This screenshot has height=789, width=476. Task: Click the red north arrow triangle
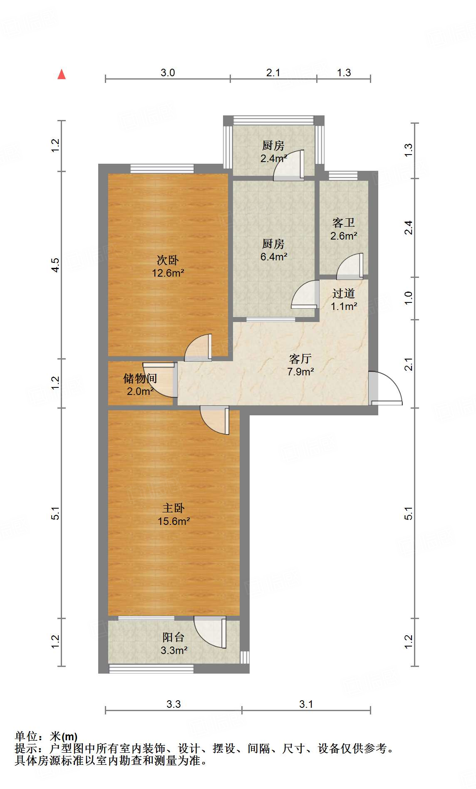(x=62, y=75)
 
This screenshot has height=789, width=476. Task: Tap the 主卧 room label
(x=174, y=508)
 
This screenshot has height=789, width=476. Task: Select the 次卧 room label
(x=168, y=260)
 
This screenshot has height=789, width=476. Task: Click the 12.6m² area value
(x=168, y=273)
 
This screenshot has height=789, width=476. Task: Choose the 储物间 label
(x=140, y=378)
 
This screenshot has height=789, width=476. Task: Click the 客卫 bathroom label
(x=344, y=223)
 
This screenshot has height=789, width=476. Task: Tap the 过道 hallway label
(x=344, y=294)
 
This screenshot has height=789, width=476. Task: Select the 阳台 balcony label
(x=174, y=637)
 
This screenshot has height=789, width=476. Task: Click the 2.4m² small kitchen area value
(x=274, y=158)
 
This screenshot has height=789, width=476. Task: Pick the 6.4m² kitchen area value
(x=274, y=257)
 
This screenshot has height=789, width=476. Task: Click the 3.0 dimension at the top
(x=168, y=73)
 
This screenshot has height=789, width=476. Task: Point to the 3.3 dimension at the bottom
(x=174, y=704)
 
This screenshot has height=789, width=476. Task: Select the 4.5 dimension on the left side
(x=56, y=265)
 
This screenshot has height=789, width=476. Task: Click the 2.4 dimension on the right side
(x=409, y=227)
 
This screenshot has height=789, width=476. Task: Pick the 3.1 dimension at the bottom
(x=306, y=704)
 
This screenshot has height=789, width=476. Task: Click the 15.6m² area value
(x=174, y=521)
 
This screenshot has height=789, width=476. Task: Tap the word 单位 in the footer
(x=25, y=737)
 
